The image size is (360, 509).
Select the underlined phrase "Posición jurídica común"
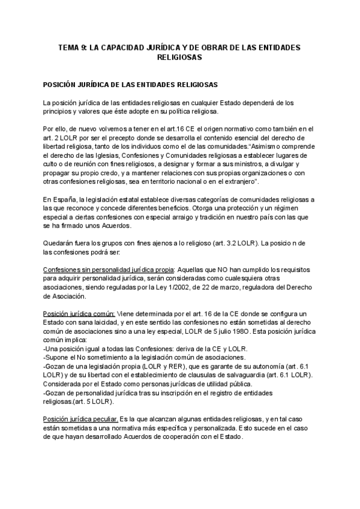(x=78, y=314)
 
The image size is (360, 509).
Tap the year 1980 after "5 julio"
(x=235, y=331)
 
